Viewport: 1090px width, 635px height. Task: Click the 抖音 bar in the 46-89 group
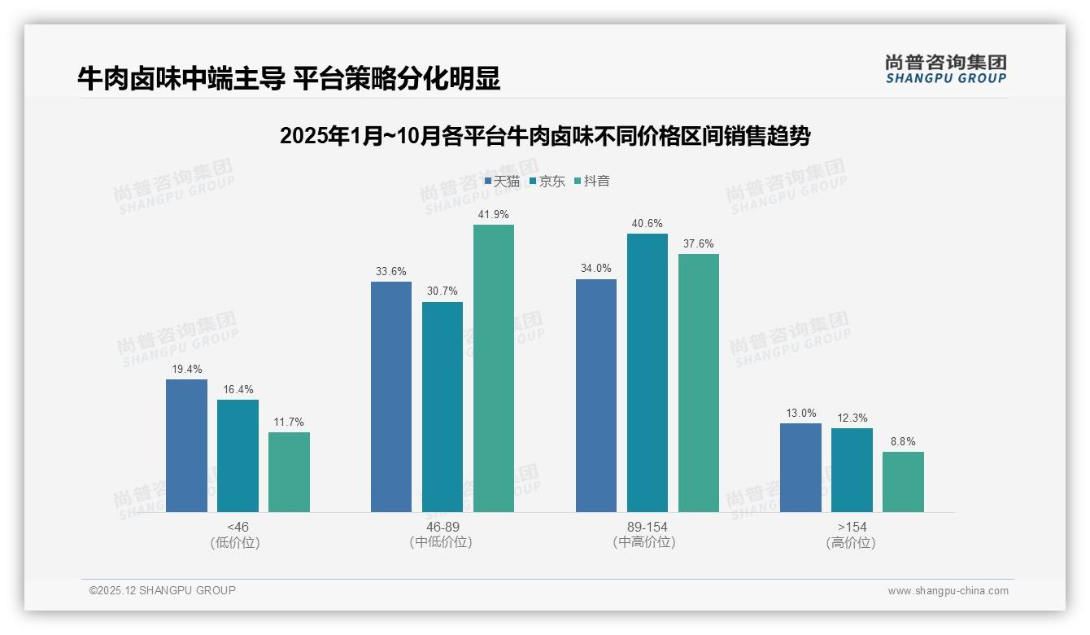(x=494, y=368)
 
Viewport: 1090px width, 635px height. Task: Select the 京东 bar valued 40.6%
(x=647, y=373)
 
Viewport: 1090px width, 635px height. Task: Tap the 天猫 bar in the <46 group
(x=186, y=445)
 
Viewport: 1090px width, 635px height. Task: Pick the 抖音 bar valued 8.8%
(x=903, y=482)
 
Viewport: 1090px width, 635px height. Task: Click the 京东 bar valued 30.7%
(x=443, y=407)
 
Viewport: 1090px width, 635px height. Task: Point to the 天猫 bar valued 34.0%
(x=596, y=396)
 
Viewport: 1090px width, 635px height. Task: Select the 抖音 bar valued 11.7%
(x=289, y=472)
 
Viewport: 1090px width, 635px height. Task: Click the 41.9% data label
(x=494, y=214)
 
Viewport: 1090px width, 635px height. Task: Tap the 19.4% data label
(x=186, y=369)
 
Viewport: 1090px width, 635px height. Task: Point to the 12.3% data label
(x=852, y=418)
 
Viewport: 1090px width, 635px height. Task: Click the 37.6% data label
(x=699, y=243)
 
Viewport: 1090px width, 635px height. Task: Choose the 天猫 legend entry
(x=502, y=181)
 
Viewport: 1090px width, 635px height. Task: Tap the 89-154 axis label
(x=647, y=527)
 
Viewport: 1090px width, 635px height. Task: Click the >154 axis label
(x=852, y=527)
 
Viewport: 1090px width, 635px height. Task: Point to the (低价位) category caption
(x=238, y=542)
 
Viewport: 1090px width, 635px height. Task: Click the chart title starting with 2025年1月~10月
(x=545, y=136)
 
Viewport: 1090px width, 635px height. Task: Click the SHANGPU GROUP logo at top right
(x=946, y=68)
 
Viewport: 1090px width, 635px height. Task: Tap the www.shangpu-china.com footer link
(x=948, y=591)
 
